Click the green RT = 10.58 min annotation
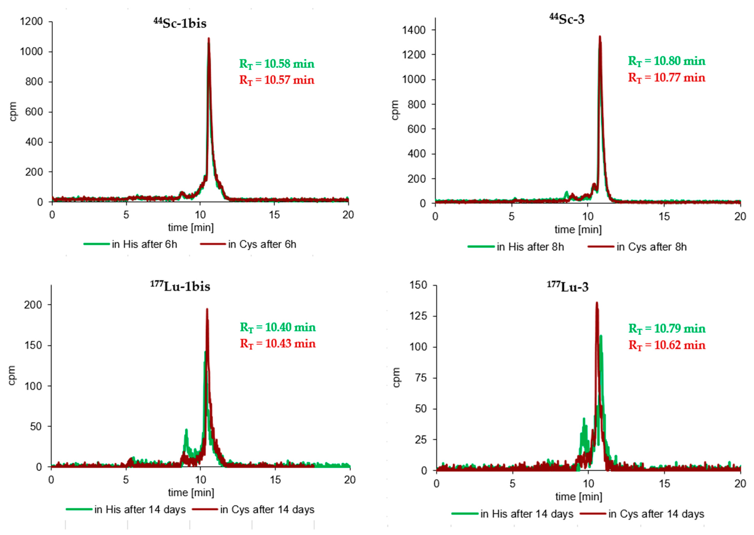click(x=277, y=64)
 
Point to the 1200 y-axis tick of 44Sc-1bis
click(x=31, y=22)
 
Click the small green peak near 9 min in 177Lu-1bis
click(x=186, y=430)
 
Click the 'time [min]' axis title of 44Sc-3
click(x=578, y=229)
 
